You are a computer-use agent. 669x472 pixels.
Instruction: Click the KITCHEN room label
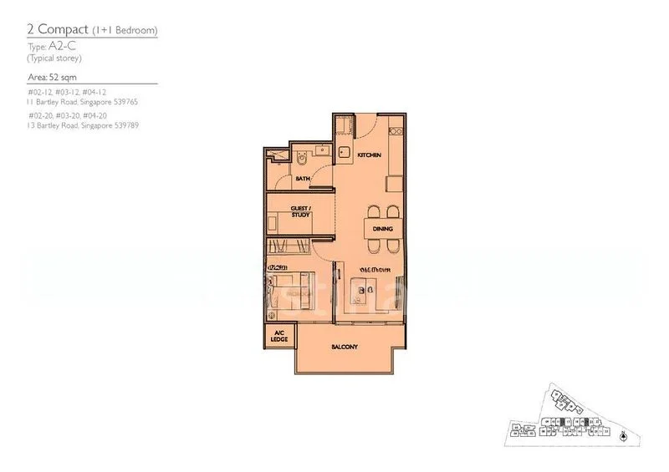(x=369, y=156)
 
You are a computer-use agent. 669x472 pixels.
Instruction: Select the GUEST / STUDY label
(x=300, y=211)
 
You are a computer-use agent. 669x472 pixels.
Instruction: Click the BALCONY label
(x=345, y=346)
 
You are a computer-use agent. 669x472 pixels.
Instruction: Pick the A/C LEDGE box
(x=278, y=338)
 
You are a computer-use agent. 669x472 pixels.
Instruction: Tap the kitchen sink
(x=344, y=153)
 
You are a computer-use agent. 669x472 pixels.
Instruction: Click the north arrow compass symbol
(x=623, y=435)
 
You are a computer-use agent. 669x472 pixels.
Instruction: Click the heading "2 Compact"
(x=54, y=31)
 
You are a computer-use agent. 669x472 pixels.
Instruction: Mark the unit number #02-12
(x=39, y=91)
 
